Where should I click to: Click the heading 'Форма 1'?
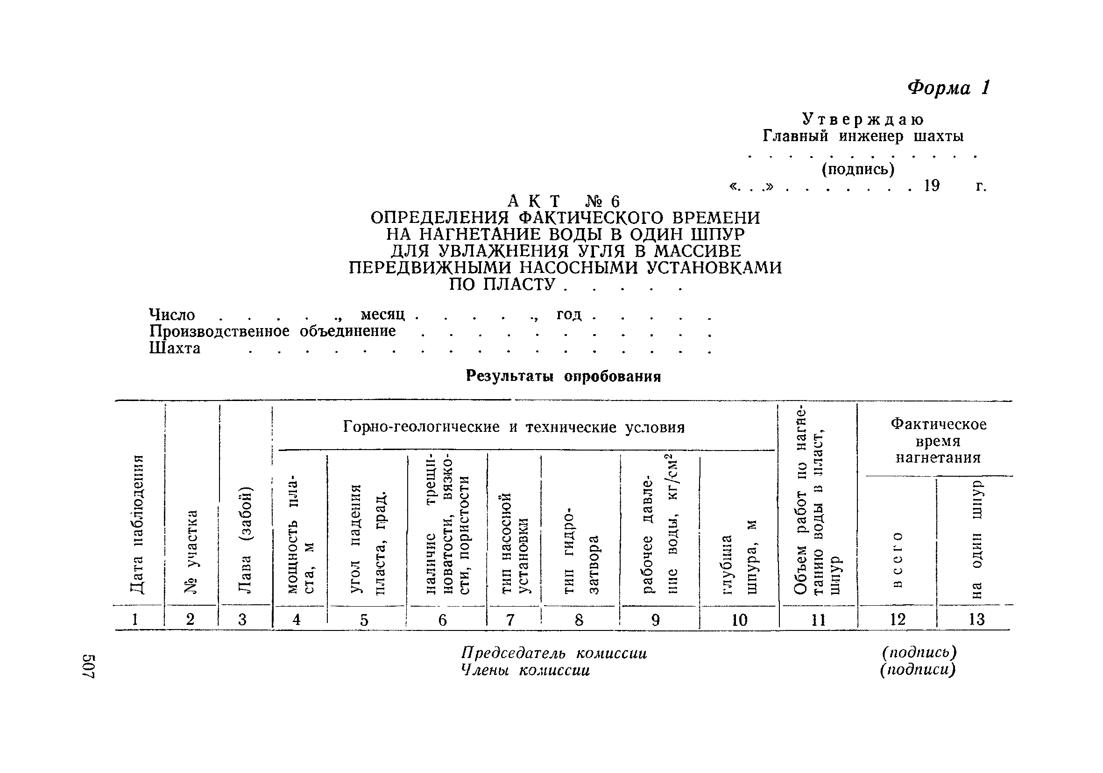[x=948, y=88]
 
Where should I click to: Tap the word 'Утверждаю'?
[x=863, y=119]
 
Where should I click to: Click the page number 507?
[x=90, y=666]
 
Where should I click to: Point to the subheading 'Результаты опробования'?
[x=563, y=376]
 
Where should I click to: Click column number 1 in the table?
[x=135, y=619]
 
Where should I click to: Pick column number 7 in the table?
[x=510, y=620]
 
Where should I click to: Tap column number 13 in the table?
[x=976, y=619]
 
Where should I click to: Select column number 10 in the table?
[x=739, y=620]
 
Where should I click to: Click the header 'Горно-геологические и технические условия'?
[x=514, y=427]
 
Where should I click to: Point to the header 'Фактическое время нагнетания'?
[x=938, y=441]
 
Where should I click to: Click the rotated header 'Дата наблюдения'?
[x=137, y=524]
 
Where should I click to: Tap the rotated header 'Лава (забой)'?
[x=245, y=540]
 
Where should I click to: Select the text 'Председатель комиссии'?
[x=553, y=653]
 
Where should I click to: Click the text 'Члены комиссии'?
[x=525, y=670]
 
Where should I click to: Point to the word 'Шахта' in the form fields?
[x=175, y=348]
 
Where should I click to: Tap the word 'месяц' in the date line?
[x=383, y=315]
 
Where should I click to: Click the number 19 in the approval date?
[x=932, y=186]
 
